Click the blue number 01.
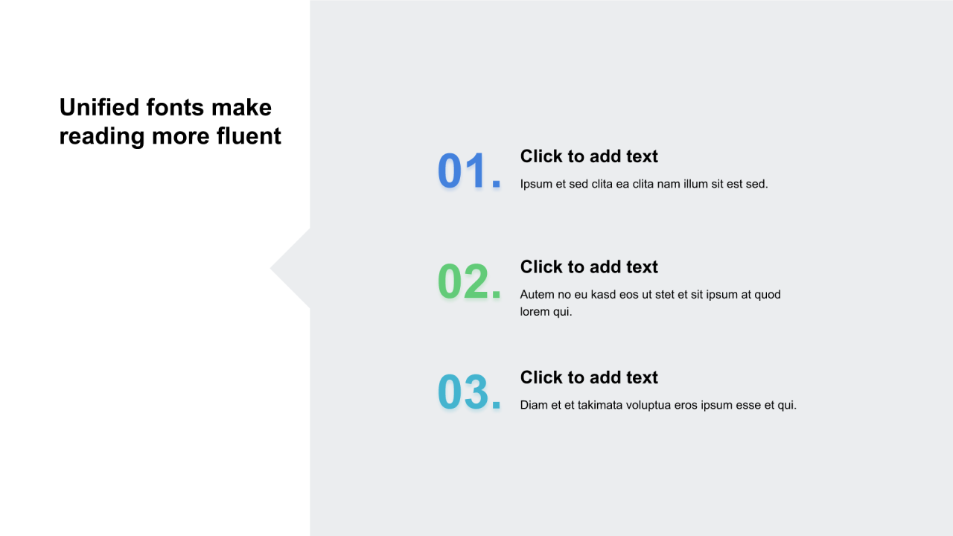[x=469, y=170]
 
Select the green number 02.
[x=469, y=281]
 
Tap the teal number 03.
[x=469, y=392]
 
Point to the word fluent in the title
[x=249, y=135]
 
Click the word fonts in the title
[x=176, y=106]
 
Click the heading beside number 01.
[x=589, y=156]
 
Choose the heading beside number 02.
[x=589, y=267]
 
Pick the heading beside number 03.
[x=589, y=377]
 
